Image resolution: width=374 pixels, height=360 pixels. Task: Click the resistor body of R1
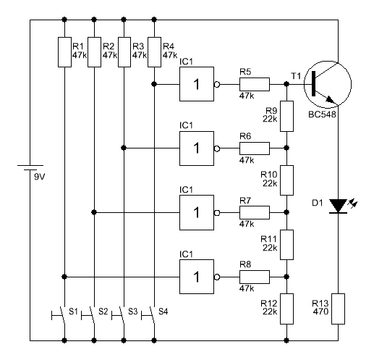click(64, 52)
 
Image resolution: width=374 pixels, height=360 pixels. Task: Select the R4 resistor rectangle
click(154, 52)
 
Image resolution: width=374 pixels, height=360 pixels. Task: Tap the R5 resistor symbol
click(255, 84)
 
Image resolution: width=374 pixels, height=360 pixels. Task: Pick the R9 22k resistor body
click(286, 116)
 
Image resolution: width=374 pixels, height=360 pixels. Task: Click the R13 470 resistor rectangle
click(338, 309)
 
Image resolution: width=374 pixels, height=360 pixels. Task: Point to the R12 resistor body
click(286, 309)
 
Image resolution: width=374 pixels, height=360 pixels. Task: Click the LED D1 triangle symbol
click(338, 206)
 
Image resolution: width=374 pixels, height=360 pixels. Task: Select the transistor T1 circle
click(328, 84)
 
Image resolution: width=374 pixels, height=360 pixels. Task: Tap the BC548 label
click(322, 114)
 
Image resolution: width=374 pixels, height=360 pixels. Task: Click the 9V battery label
click(40, 177)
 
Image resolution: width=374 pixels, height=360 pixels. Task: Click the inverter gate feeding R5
click(197, 84)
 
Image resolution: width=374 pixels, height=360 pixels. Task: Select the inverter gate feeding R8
click(197, 277)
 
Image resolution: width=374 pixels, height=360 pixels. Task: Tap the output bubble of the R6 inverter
click(217, 148)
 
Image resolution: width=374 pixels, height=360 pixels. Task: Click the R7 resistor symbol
click(255, 212)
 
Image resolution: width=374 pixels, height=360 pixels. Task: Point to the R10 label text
click(269, 175)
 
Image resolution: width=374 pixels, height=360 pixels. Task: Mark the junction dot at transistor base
click(286, 84)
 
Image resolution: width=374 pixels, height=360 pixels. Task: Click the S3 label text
click(132, 311)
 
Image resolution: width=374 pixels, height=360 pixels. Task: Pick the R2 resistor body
click(94, 52)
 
